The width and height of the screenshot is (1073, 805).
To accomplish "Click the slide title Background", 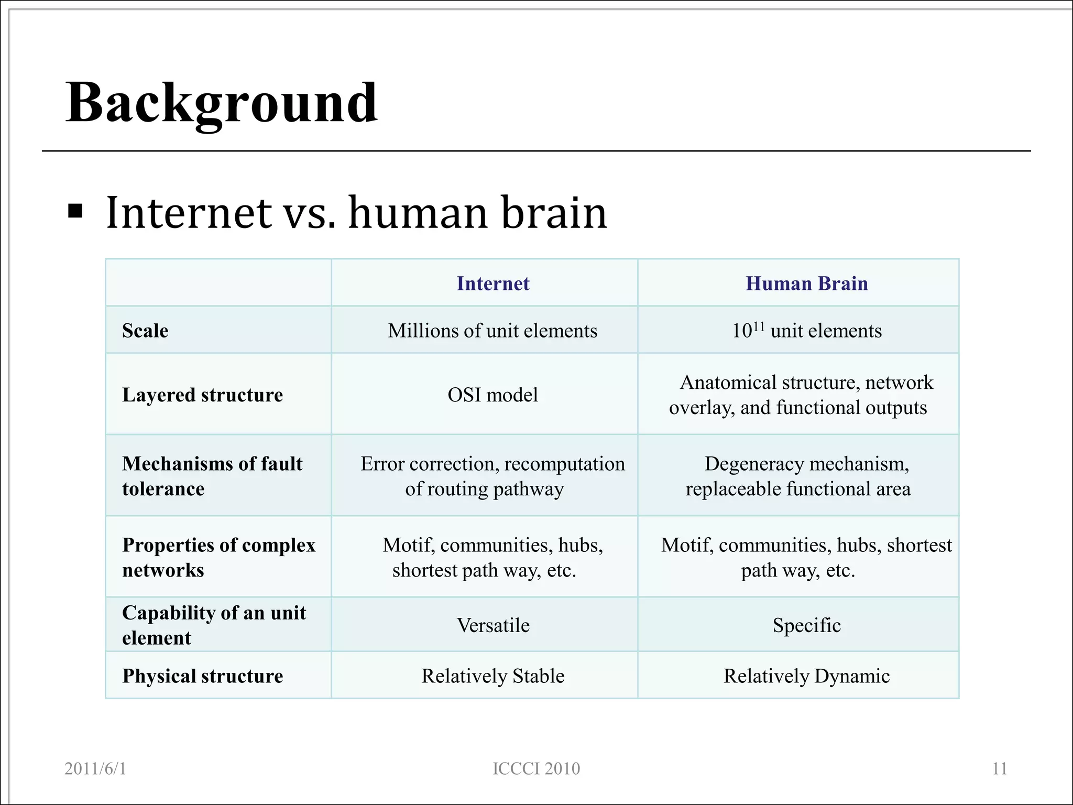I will coord(221,103).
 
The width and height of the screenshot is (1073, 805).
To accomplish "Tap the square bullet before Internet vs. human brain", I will coord(75,211).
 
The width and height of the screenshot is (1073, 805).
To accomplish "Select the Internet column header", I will coord(492,284).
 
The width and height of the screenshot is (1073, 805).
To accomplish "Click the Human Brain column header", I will coord(806,284).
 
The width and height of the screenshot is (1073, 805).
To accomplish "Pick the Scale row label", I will coord(145,331).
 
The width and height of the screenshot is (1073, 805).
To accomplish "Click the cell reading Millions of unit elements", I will coord(492,331).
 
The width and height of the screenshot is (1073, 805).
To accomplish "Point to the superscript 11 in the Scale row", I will coord(759,325).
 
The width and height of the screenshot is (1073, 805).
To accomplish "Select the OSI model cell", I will coord(492,395).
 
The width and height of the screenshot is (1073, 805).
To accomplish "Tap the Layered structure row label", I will coord(202,395).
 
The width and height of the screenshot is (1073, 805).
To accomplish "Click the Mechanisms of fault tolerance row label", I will coord(212,476).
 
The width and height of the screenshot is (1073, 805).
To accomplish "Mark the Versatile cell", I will coord(493,625).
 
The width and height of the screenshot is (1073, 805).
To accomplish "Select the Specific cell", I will coord(806,625).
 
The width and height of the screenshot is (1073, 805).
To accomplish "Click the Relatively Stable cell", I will coord(493,676).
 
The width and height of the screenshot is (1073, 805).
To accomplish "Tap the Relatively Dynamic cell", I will coord(806,676).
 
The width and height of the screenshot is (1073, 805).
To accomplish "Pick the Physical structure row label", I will coord(202,676).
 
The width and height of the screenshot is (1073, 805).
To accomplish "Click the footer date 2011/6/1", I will coord(95,768).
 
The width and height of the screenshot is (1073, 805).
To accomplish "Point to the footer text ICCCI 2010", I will coord(536,768).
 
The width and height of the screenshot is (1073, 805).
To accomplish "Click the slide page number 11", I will coord(999,768).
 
